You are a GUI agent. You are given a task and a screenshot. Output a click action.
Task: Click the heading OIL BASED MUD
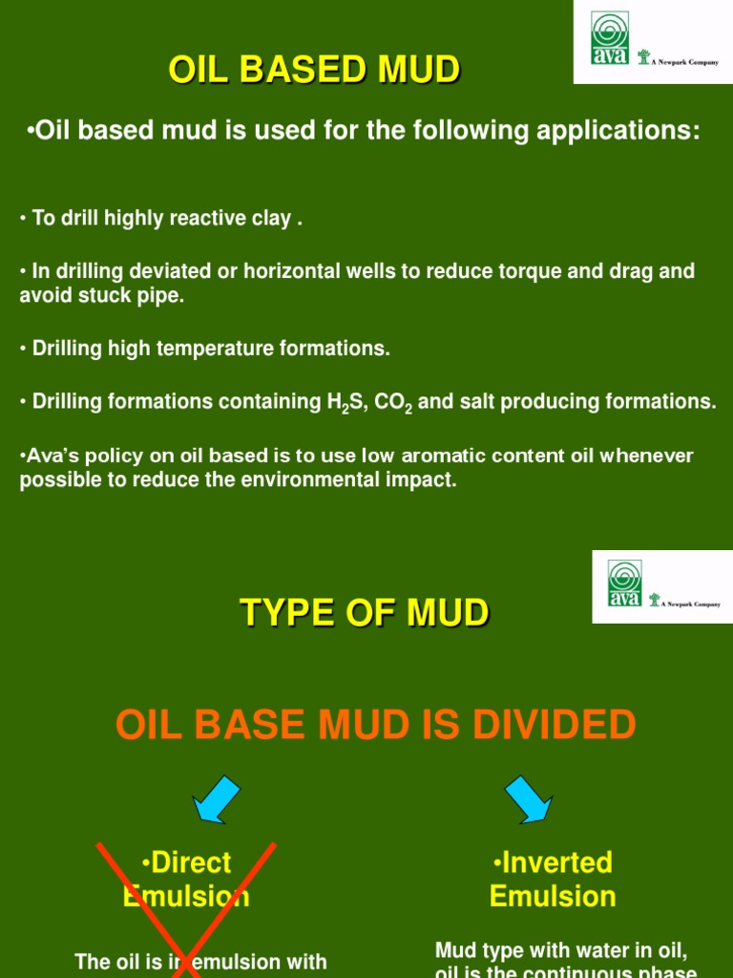(314, 70)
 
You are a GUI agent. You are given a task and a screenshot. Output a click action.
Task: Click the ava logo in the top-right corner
(610, 39)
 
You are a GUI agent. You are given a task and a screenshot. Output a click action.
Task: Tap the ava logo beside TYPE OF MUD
(624, 584)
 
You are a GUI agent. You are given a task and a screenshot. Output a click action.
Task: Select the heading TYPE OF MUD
(365, 612)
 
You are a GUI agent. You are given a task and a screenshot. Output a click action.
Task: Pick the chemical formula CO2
(392, 403)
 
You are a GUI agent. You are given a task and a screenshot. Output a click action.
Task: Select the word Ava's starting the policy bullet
(48, 457)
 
